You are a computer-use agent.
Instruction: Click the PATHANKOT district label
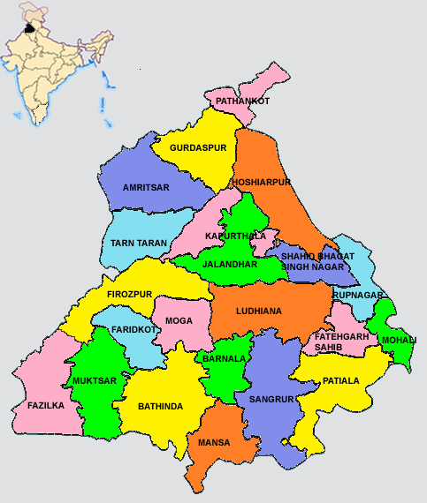click(x=242, y=101)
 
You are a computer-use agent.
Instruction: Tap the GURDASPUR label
click(x=194, y=146)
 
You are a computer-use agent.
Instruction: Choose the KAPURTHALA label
click(x=234, y=236)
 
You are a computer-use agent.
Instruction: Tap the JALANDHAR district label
click(x=230, y=264)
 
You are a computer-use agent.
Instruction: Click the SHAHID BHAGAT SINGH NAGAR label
click(x=317, y=260)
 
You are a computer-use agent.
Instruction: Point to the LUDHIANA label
click(x=259, y=311)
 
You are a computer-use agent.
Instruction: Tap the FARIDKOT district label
click(x=133, y=329)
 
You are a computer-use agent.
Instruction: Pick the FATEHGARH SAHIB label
click(x=336, y=341)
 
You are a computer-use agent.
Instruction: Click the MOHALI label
click(x=398, y=340)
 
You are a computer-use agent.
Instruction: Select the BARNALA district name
click(x=224, y=360)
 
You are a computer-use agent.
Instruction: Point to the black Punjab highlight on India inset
click(x=33, y=27)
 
